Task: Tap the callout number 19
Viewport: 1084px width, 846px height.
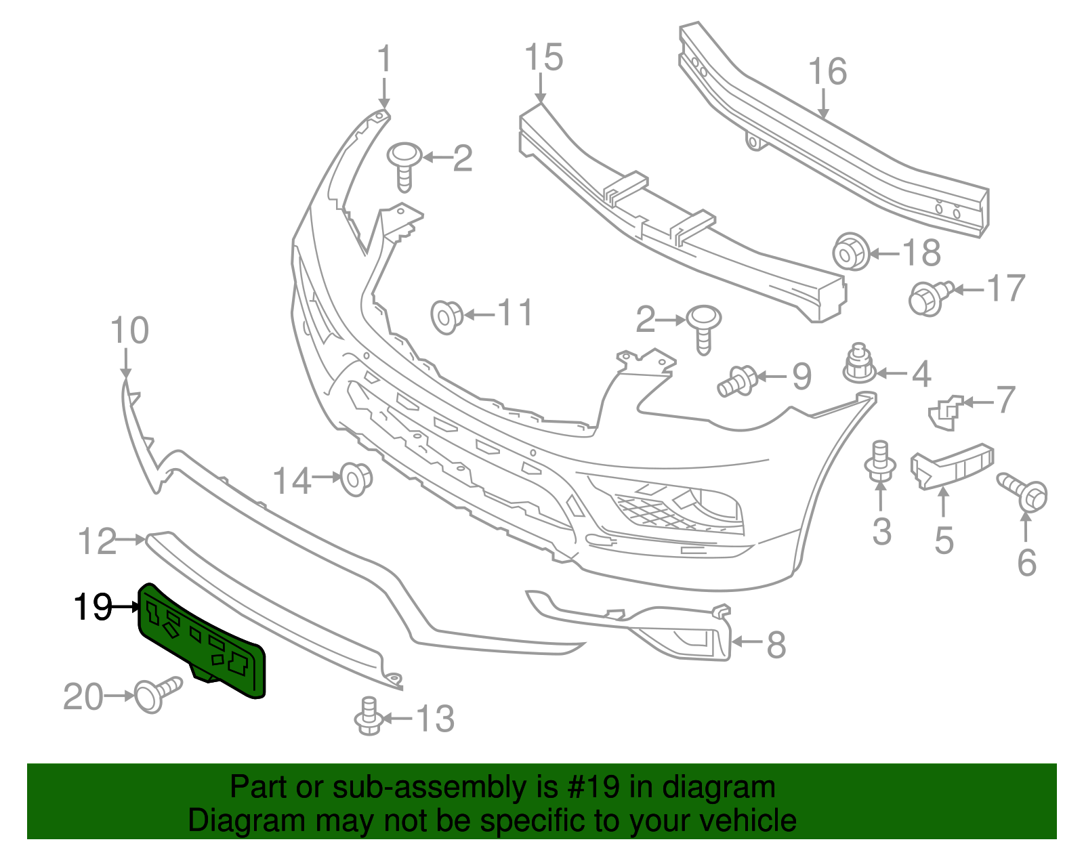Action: [x=93, y=607]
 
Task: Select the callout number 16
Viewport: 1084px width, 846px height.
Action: [x=827, y=72]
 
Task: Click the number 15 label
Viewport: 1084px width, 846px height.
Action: [x=544, y=58]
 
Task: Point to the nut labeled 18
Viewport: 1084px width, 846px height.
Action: [x=850, y=252]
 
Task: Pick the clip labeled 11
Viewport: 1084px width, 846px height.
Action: [x=446, y=316]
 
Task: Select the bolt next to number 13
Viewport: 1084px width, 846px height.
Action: [x=368, y=716]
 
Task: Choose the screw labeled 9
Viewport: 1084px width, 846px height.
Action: [x=738, y=379]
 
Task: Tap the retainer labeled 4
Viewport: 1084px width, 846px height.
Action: [x=858, y=364]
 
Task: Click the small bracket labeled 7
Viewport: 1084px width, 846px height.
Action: [x=946, y=412]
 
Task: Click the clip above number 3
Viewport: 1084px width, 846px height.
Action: [x=880, y=462]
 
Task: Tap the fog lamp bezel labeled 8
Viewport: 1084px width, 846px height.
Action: [x=684, y=633]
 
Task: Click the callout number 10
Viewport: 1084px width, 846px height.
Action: [x=129, y=331]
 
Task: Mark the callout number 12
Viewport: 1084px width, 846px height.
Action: [x=97, y=542]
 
